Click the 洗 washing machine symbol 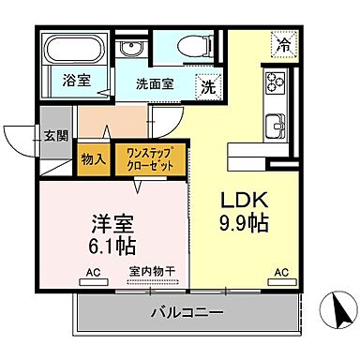pos(206,86)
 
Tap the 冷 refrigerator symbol pos(283,43)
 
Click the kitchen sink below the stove pos(277,124)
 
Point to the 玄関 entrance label pos(55,135)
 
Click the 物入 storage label pos(92,160)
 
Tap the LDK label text pos(245,201)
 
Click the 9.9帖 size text pos(244,224)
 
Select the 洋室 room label pos(110,225)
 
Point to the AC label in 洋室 pos(93,274)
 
